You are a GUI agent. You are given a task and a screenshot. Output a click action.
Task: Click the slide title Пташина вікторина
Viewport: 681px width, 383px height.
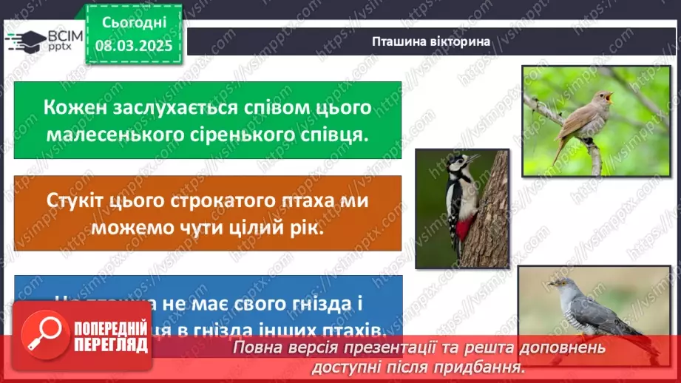[x=431, y=41]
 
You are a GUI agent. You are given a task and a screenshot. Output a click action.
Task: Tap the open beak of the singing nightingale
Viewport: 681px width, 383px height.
[x=609, y=96]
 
